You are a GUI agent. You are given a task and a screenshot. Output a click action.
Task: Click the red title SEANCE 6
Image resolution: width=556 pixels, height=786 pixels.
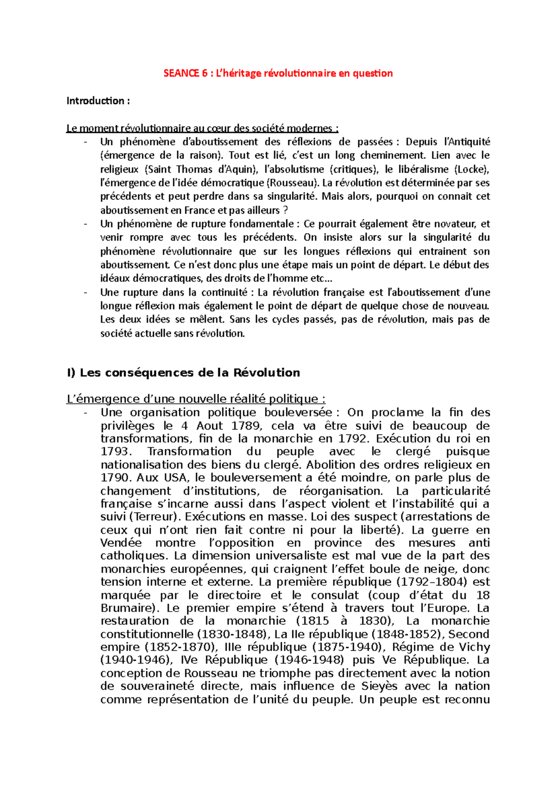coord(278,73)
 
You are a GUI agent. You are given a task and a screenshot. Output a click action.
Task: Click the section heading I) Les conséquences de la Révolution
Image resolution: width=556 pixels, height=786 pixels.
coord(183,373)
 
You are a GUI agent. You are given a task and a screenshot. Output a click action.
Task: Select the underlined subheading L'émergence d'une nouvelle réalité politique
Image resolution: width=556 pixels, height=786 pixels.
coord(196,399)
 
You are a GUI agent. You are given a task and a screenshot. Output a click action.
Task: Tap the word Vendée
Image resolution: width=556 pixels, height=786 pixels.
coord(121,543)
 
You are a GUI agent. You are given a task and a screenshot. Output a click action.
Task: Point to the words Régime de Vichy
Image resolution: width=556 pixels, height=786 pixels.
coord(441,647)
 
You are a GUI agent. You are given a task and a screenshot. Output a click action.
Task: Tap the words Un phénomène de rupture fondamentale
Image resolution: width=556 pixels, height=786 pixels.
coord(197,224)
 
